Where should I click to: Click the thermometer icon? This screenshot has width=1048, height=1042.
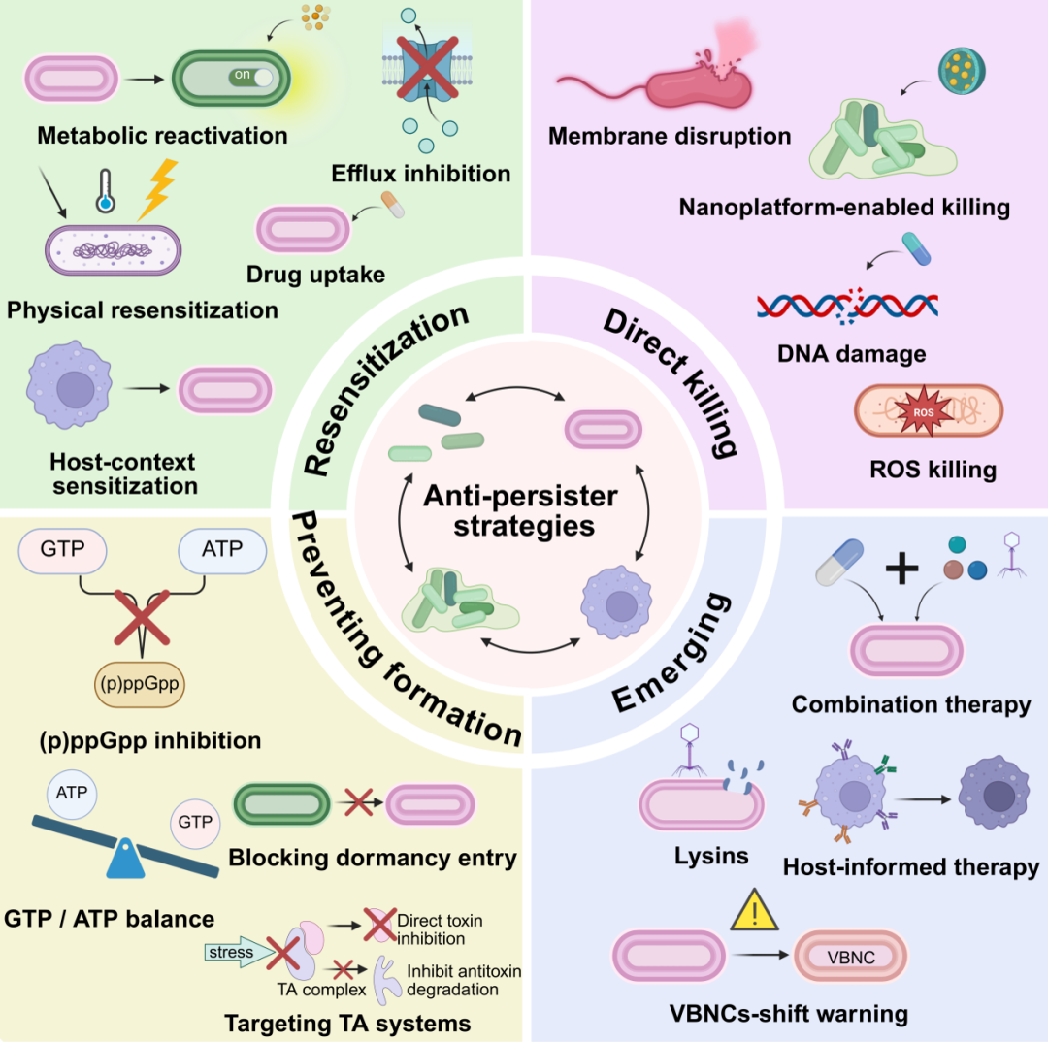[x=105, y=191]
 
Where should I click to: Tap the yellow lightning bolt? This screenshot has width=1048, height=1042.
[x=158, y=189]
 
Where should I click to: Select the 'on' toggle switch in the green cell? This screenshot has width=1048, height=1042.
[x=252, y=77]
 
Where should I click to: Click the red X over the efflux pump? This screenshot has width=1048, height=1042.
[x=427, y=68]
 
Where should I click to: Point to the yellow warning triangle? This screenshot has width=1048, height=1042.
[x=755, y=910]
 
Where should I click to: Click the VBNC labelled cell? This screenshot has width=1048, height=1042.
[x=850, y=957]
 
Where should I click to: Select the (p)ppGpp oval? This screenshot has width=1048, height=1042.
[x=140, y=684]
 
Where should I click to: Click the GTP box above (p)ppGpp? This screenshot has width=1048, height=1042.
[x=62, y=550]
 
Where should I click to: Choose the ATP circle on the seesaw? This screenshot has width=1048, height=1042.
[x=72, y=794]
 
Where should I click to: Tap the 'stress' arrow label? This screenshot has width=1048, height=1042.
[x=231, y=952]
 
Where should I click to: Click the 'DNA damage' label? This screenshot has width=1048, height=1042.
[x=852, y=353]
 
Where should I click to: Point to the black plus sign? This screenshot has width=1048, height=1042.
[x=901, y=570]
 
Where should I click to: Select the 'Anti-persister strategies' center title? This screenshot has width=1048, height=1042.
[x=521, y=510]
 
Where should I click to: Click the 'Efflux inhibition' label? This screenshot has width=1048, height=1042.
[x=421, y=174]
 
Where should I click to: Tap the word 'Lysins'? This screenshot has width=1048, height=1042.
[x=711, y=856]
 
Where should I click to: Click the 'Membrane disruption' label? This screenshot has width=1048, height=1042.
[x=670, y=137]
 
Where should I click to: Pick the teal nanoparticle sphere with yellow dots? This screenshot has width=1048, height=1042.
[x=962, y=70]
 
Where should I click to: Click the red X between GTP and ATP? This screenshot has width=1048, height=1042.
[x=142, y=617]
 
